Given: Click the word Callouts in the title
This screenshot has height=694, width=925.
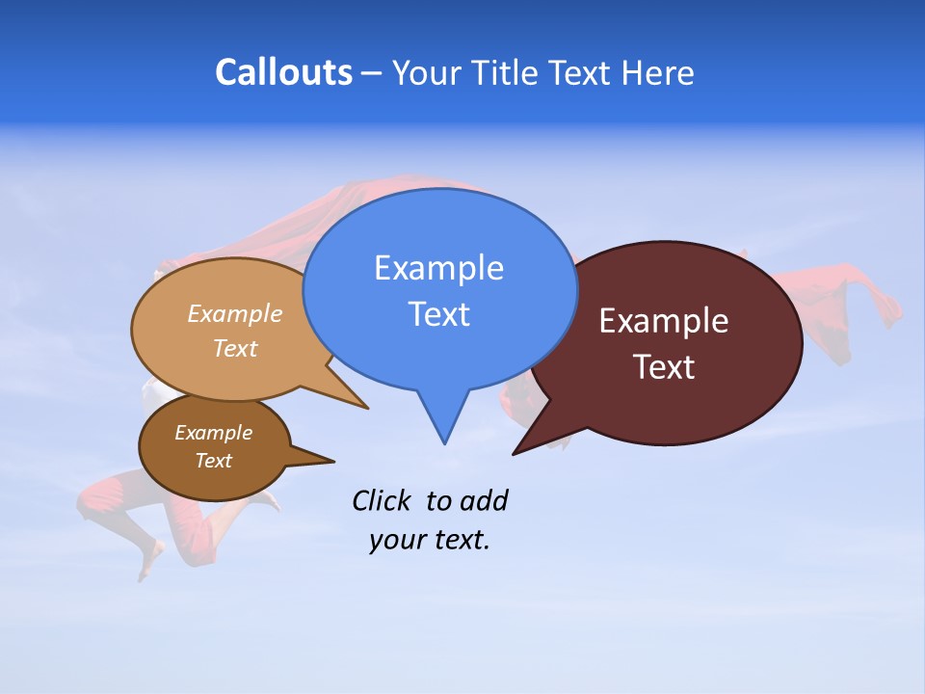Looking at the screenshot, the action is tap(283, 73).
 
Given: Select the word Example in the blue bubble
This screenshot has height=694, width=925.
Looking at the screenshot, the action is tap(438, 268).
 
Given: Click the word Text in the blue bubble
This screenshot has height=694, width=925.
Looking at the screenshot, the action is tap(438, 314).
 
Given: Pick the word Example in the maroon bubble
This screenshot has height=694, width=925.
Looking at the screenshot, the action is tap(664, 321).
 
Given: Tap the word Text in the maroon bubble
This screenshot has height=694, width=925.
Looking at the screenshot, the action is tap(664, 367).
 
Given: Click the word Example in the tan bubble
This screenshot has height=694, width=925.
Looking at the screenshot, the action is tap(235, 314).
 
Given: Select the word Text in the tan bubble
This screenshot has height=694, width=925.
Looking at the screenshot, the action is tap(235, 349).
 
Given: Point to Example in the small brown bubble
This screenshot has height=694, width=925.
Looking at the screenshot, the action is tap(214, 433).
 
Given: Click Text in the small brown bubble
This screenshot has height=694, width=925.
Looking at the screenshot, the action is tap(214, 461).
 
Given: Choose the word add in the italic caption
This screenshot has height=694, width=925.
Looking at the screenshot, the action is tap(483, 500).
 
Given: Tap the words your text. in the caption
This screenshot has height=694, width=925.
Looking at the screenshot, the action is tap(429, 540).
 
